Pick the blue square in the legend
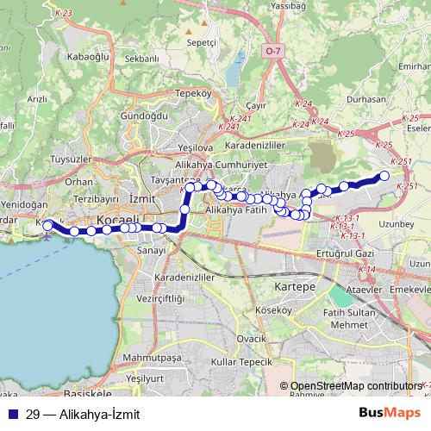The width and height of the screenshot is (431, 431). click(8, 414)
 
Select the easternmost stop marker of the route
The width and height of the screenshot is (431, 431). click(384, 177)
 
